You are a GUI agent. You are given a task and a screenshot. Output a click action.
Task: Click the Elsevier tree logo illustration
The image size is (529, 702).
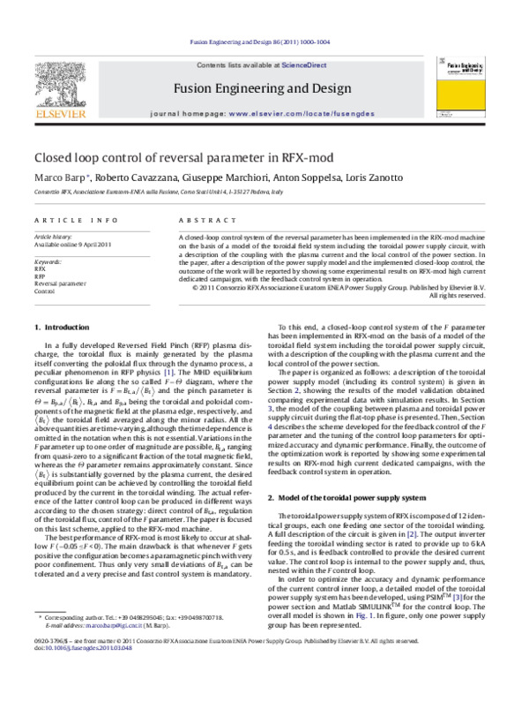60,85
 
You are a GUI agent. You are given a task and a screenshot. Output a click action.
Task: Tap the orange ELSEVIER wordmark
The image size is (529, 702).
60,114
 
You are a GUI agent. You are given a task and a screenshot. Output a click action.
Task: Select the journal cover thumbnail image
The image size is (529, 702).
460,87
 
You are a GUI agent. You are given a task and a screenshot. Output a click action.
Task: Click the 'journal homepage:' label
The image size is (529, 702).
188,114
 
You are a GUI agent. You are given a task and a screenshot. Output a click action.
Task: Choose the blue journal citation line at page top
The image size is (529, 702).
260,42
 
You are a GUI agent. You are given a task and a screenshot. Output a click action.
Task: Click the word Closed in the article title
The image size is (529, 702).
50,158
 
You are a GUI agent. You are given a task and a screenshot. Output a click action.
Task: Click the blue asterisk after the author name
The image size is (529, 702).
88,175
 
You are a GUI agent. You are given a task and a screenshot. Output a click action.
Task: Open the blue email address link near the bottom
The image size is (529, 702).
114,625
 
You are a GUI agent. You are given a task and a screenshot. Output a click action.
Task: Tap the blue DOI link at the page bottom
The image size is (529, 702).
89,647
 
